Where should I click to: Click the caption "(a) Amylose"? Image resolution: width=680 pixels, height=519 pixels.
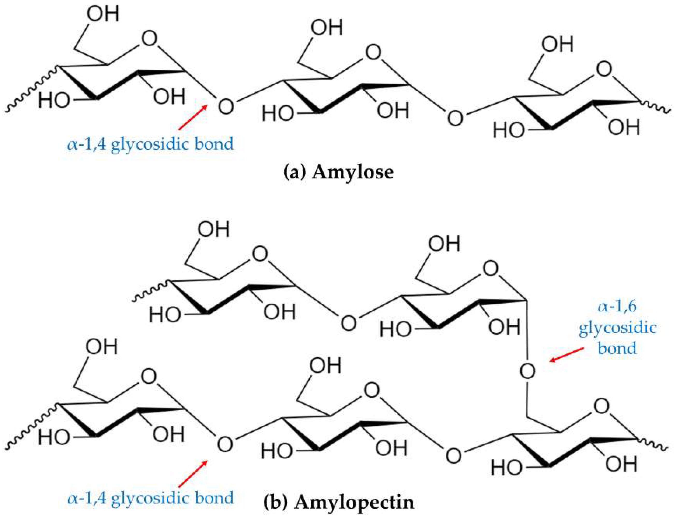tap(338, 172)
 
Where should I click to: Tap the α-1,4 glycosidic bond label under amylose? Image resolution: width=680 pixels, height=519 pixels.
tap(150, 144)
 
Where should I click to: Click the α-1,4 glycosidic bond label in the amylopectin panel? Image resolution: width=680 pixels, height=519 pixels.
tap(150, 498)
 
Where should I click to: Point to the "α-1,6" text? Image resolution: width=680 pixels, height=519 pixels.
tap(617, 307)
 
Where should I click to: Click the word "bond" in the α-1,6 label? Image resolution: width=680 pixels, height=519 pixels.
tap(617, 348)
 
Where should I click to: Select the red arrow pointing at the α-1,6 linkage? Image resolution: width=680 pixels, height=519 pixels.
tap(567, 354)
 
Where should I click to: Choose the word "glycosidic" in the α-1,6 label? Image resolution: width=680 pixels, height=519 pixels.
tap(617, 328)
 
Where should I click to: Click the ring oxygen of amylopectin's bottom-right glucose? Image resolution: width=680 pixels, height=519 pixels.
tap(601, 407)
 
